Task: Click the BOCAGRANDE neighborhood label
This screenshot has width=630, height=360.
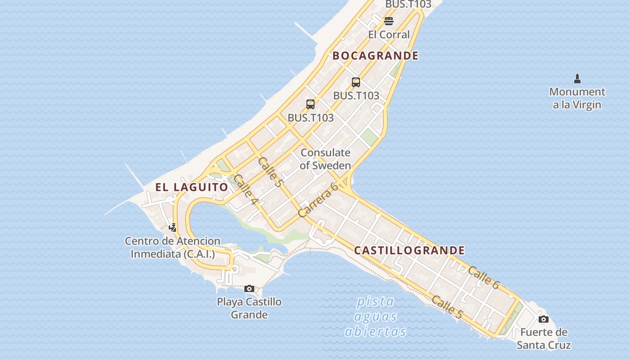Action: coord(376,56)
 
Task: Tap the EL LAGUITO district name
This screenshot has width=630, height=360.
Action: coord(192,187)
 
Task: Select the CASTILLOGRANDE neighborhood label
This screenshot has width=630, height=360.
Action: coord(409,250)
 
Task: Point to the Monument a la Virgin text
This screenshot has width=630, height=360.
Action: coord(577,98)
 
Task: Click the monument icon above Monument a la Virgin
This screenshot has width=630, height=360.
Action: coord(577,79)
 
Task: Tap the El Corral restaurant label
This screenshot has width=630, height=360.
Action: coord(389,35)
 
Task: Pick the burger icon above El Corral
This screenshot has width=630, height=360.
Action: coord(389,21)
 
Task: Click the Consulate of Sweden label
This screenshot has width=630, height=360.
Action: coord(325,159)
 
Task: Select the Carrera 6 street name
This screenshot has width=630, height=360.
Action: coord(318,200)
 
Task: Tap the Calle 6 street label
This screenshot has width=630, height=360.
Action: coord(484,278)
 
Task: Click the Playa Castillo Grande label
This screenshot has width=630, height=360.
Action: coord(249,308)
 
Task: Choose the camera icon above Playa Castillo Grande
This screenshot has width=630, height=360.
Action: coord(249,289)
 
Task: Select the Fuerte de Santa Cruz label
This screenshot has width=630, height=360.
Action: coord(544,339)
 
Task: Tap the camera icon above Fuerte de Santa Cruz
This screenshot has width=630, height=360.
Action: coord(544,319)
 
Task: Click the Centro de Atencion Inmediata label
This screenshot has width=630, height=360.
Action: coord(173,247)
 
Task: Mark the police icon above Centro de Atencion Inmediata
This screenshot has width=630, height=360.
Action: coord(173,228)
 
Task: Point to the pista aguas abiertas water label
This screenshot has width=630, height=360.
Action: coord(375,316)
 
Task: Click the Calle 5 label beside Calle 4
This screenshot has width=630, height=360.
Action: coord(270,172)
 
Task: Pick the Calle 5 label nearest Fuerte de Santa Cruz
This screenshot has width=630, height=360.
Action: coord(447,307)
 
